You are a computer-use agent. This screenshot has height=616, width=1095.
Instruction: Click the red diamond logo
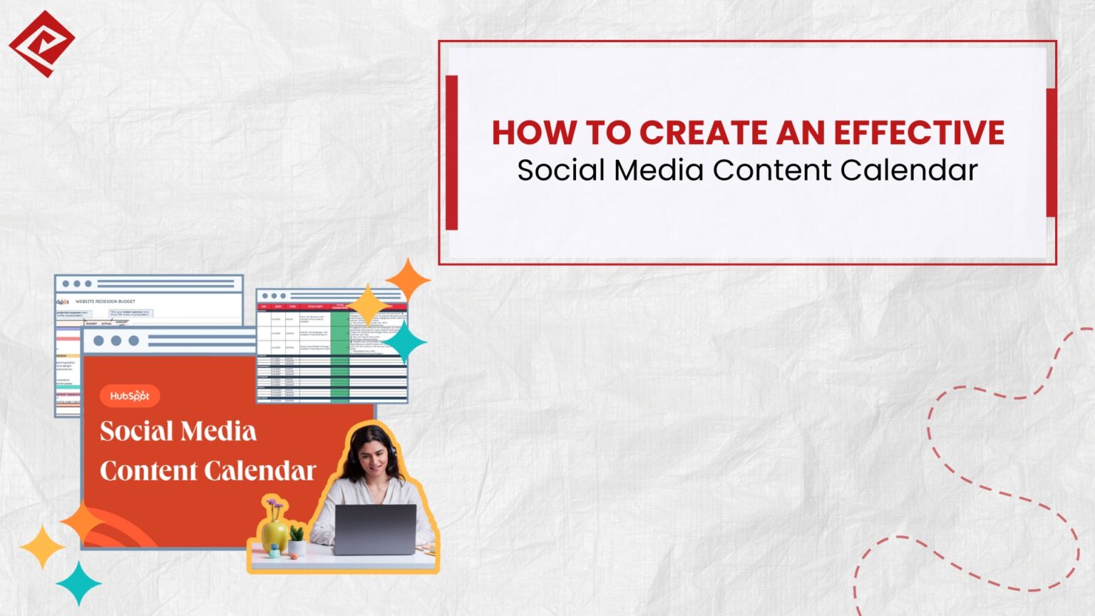(x=41, y=43)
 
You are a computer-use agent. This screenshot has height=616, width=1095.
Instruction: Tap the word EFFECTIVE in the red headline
(x=919, y=133)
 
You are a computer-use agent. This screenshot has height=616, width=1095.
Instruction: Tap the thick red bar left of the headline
(x=451, y=153)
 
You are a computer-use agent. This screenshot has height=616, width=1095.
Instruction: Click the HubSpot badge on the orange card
(x=130, y=396)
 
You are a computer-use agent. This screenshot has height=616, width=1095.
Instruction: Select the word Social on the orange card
(x=136, y=431)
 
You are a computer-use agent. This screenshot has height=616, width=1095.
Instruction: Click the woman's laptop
(x=375, y=529)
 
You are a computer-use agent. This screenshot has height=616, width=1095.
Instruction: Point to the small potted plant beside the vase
(x=297, y=540)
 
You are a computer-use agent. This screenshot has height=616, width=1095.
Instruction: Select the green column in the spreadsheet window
(x=339, y=356)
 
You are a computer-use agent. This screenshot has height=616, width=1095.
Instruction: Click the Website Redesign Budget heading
(x=105, y=302)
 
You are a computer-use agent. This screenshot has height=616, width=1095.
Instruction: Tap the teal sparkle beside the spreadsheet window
(x=405, y=342)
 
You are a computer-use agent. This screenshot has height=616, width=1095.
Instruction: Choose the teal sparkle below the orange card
(x=78, y=583)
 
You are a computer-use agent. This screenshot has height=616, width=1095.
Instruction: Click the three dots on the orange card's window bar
(x=115, y=341)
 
